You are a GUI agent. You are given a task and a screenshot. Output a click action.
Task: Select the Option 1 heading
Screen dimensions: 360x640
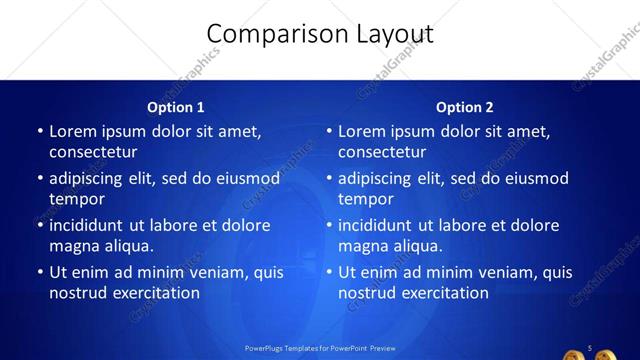coord(176,107)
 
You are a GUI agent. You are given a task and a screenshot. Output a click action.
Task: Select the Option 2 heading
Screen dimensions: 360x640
coord(465,107)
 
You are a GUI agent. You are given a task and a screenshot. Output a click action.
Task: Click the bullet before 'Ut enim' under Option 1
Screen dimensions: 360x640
coord(40,272)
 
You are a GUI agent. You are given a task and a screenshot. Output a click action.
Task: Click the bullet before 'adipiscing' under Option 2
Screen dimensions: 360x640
coord(329,179)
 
